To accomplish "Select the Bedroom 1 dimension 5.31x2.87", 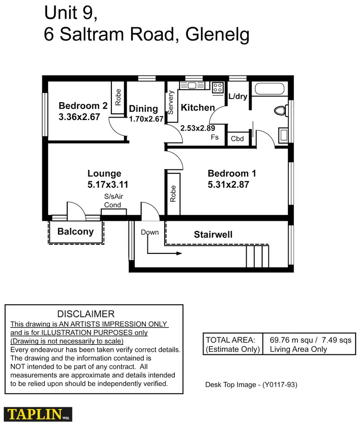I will coord(228,184).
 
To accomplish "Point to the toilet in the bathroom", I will coord(280,111).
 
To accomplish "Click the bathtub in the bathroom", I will coord(270,89).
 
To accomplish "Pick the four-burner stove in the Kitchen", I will coord(218,87).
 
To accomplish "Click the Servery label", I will coord(170,102).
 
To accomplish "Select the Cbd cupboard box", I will coord(237,139).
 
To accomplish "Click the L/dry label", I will coord(238,96).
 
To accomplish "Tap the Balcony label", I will coord(75,231).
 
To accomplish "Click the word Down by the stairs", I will coord(149,232).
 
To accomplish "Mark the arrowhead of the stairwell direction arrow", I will coord(179,253).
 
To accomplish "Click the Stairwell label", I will coord(213,234).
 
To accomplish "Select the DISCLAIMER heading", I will coord(86,314).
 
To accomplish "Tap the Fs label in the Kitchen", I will coord(215,137).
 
